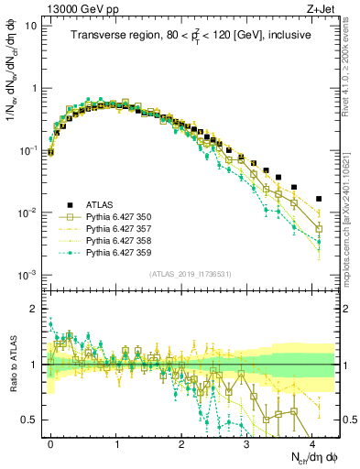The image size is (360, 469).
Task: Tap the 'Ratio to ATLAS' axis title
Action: point(12,365)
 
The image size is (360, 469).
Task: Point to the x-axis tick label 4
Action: point(312,442)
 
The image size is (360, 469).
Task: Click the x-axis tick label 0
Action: point(50,442)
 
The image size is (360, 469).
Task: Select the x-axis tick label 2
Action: point(181,442)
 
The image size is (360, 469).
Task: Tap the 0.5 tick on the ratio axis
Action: point(32,420)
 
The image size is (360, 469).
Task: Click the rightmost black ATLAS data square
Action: point(319,199)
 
